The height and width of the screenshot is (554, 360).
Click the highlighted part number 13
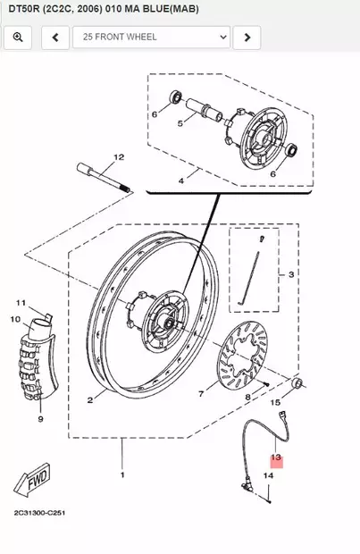[276, 457]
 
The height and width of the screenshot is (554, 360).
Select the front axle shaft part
[105, 178]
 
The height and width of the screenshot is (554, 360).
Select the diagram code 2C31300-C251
[39, 514]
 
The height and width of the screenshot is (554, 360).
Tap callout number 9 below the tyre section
[40, 418]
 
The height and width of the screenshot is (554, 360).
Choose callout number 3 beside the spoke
[291, 274]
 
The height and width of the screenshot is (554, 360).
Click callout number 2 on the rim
[90, 401]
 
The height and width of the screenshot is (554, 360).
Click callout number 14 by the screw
[267, 475]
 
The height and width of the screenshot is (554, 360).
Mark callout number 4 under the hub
[181, 181]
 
